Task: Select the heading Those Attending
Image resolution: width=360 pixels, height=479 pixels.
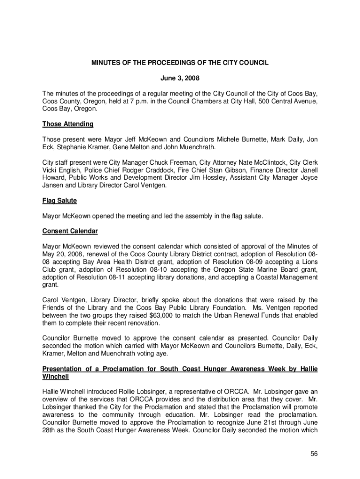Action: [x=68, y=124]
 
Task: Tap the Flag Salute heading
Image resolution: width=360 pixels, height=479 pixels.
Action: [x=59, y=200]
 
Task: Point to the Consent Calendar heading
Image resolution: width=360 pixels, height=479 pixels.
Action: [x=70, y=231]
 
